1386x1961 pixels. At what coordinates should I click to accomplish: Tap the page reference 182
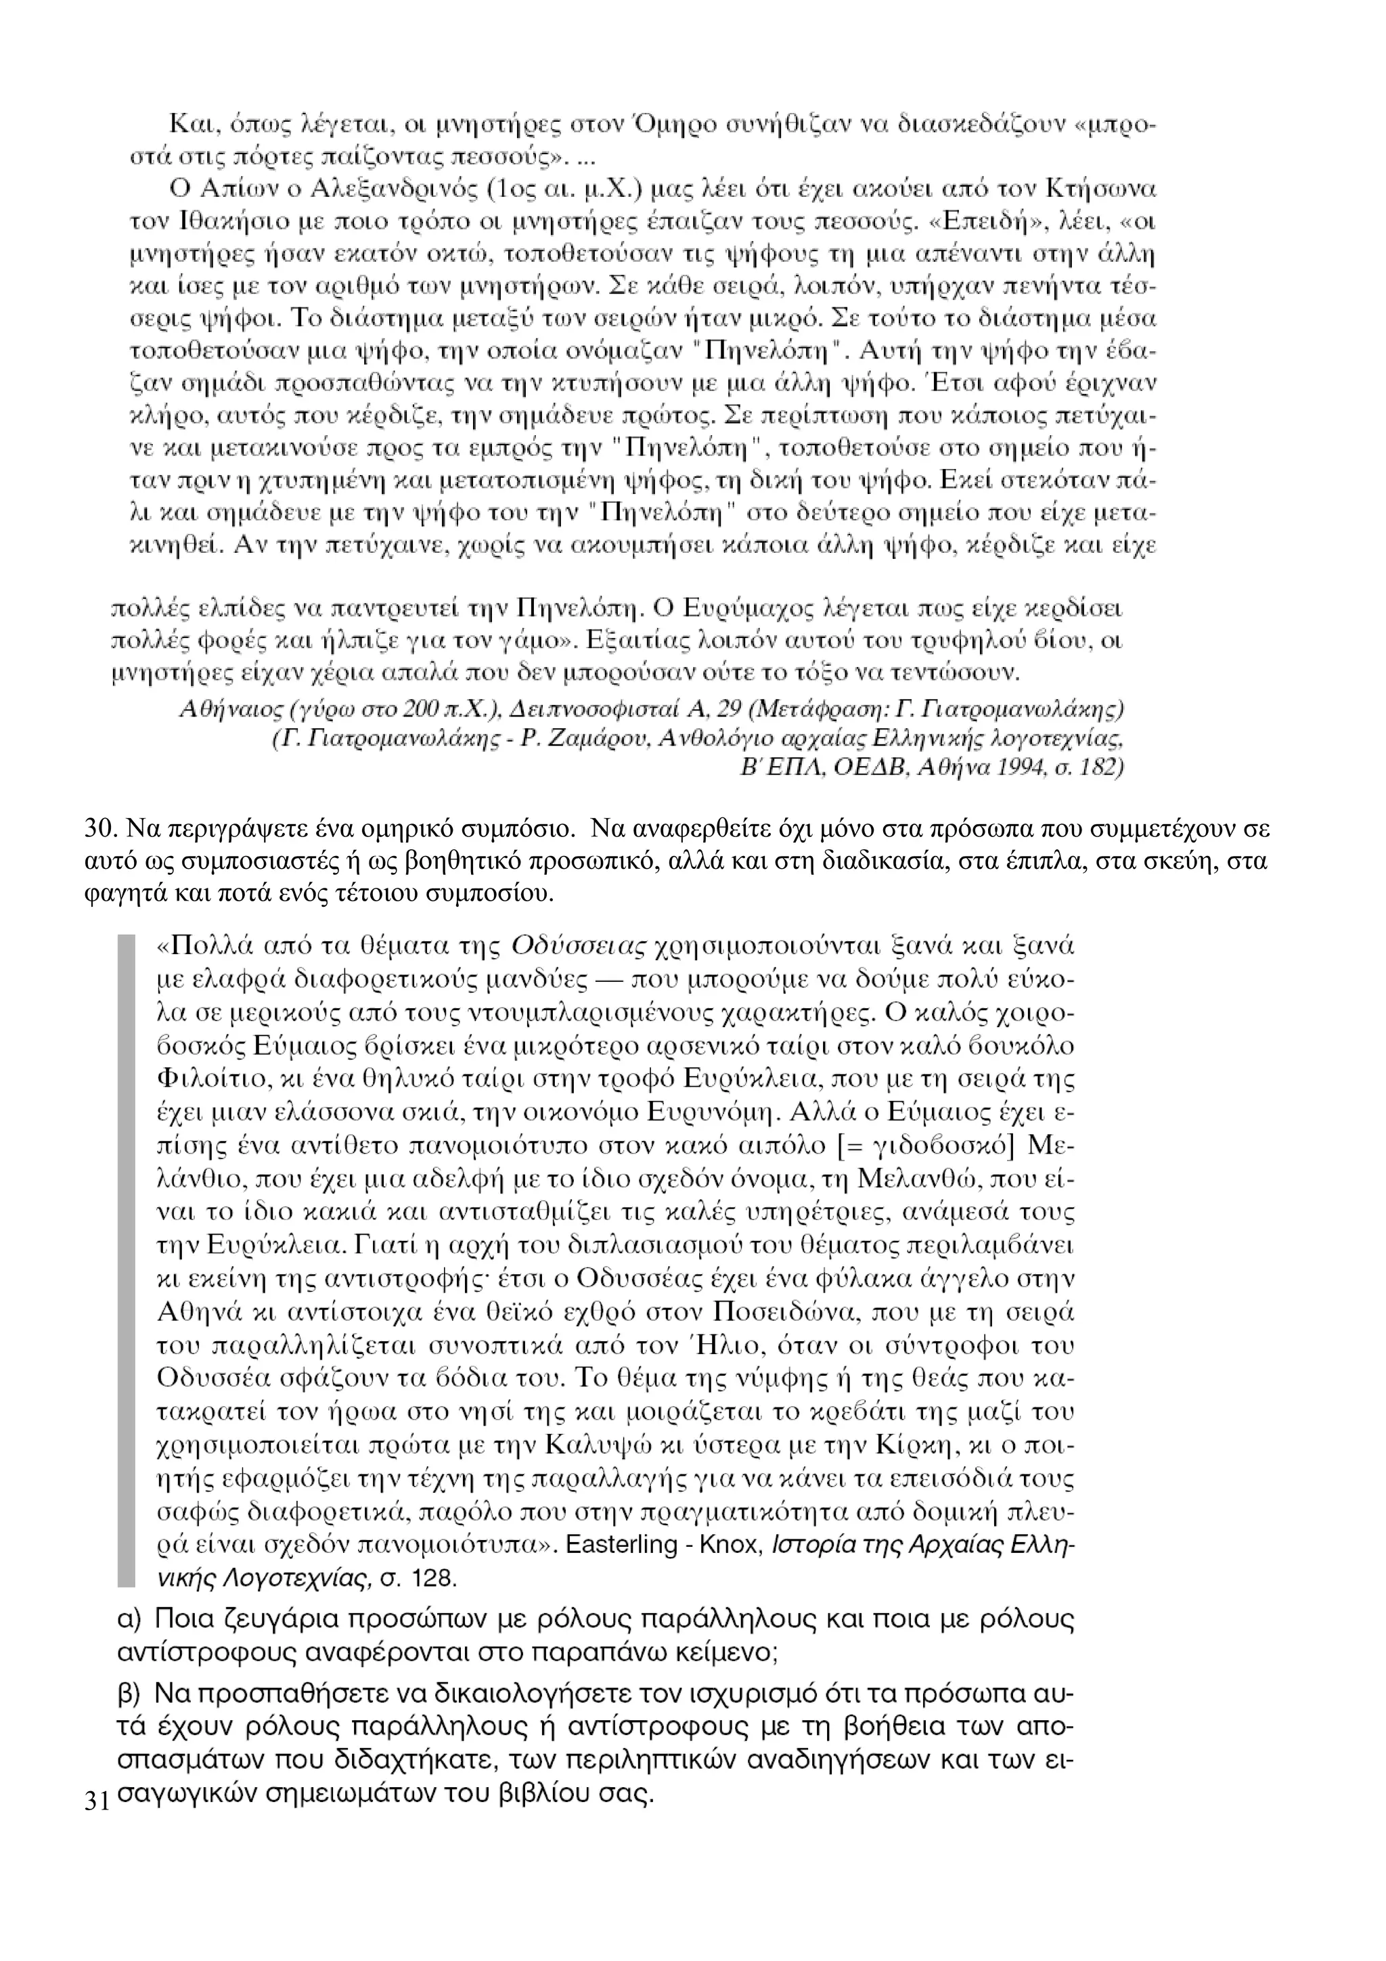point(1102,767)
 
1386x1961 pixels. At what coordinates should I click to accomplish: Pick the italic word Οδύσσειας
point(578,947)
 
